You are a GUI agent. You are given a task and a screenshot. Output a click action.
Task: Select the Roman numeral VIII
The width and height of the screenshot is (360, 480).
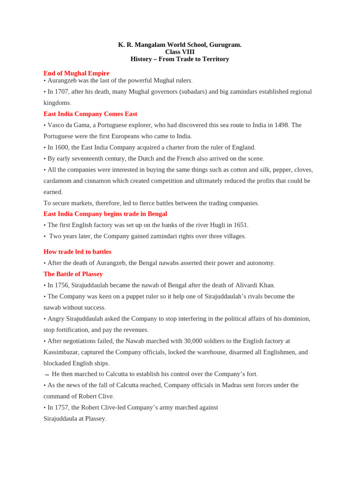[x=186, y=52]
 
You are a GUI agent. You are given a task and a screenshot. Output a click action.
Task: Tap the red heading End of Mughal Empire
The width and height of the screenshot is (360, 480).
[x=76, y=73]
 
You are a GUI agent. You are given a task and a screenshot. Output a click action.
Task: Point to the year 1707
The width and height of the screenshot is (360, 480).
[x=63, y=91]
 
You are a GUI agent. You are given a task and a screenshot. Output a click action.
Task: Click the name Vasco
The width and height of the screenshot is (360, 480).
[x=57, y=125]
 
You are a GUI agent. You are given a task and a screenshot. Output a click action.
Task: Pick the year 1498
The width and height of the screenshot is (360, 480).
[x=281, y=125]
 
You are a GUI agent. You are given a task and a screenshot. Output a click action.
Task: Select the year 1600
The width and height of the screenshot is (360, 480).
[x=63, y=147]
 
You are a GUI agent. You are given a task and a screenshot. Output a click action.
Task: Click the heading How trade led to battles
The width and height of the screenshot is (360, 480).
[x=77, y=252]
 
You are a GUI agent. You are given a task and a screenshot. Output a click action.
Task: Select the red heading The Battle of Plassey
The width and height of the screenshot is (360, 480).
[x=73, y=274]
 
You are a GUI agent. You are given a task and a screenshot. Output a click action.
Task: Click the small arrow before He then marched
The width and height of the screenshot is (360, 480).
[x=46, y=375]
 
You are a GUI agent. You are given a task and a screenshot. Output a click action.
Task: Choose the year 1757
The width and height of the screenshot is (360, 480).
[x=63, y=407]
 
